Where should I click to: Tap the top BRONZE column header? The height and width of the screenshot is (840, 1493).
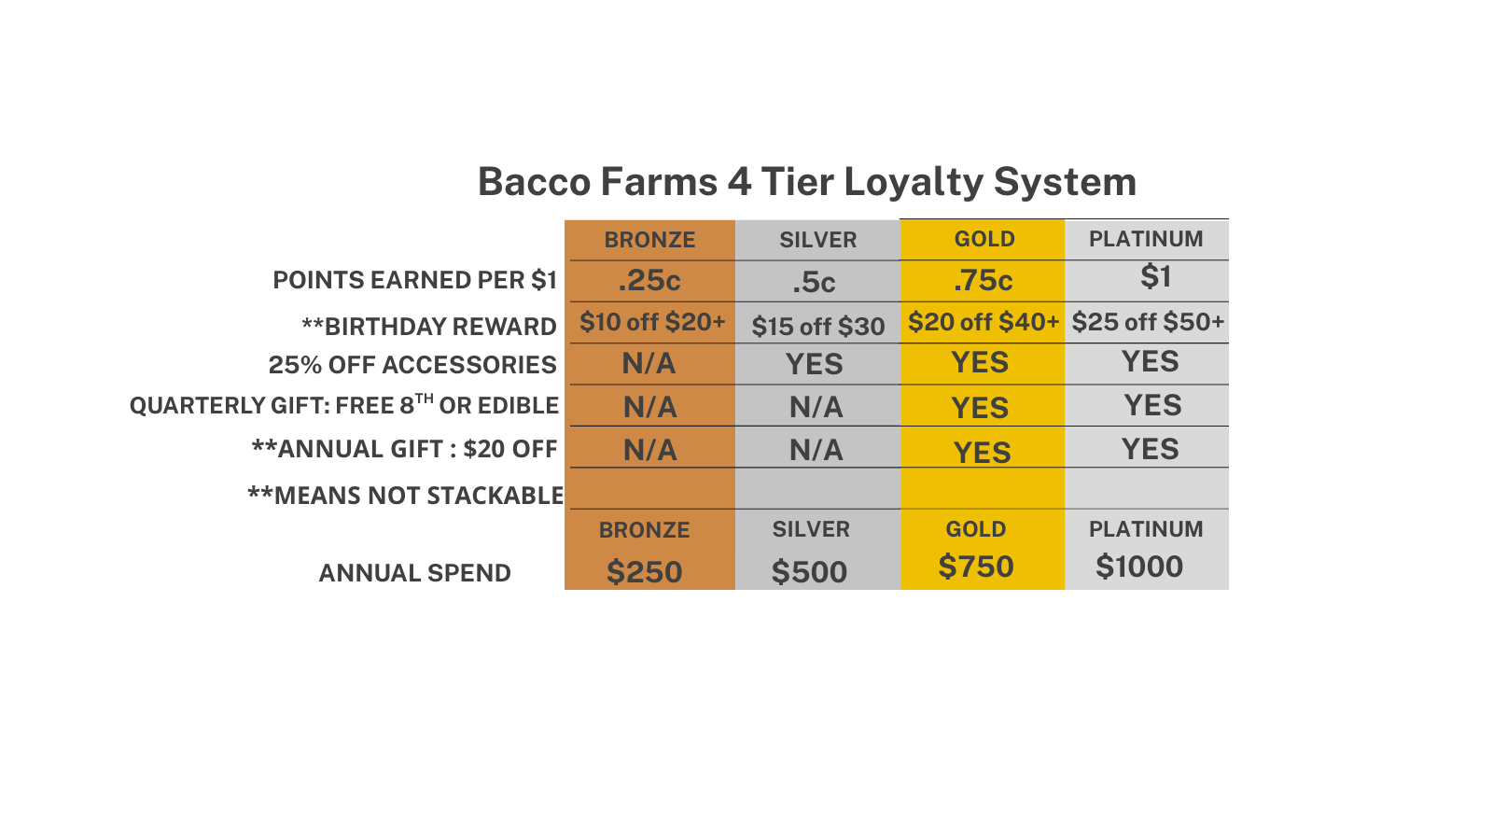[649, 240]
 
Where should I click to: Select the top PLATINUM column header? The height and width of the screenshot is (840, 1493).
[1146, 239]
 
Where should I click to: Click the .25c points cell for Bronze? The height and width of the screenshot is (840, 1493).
[649, 281]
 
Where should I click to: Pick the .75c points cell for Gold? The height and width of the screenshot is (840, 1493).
[984, 281]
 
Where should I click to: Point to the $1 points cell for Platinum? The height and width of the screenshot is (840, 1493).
[1156, 276]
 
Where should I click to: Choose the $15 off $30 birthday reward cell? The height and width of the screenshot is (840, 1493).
[817, 327]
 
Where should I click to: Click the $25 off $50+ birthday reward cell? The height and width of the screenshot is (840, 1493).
[1148, 322]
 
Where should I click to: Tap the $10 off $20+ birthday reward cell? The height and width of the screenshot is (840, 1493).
[652, 322]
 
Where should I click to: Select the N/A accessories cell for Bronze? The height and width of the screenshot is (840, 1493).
[649, 364]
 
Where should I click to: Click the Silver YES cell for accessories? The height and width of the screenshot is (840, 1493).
[815, 364]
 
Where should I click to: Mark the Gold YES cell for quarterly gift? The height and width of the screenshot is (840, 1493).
[980, 407]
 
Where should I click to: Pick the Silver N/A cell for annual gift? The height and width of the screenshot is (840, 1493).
[816, 451]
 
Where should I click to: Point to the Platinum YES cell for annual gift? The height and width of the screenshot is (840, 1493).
[1151, 449]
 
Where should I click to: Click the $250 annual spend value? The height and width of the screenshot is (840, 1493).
[645, 572]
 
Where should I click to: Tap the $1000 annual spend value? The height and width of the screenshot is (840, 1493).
[1139, 567]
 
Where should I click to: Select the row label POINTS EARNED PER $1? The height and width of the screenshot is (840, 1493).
[414, 280]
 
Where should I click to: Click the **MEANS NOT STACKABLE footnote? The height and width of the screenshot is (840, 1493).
[405, 496]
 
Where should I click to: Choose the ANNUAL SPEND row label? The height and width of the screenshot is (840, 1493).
[414, 573]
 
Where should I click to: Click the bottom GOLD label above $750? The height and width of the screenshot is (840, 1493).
[976, 529]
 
